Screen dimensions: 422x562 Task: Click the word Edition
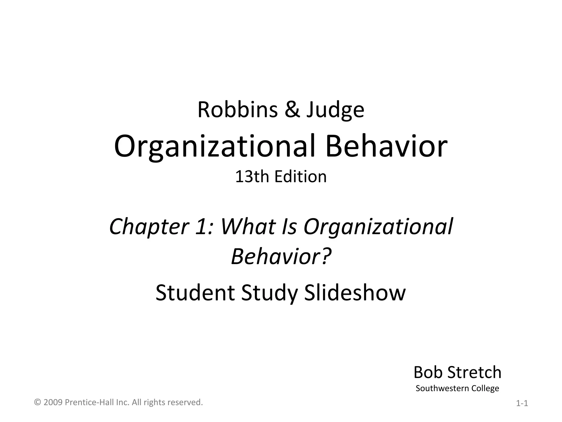pos(300,177)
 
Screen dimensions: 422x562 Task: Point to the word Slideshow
pos(355,293)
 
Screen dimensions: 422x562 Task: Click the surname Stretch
pos(474,372)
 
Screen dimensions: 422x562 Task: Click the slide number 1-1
pos(522,404)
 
